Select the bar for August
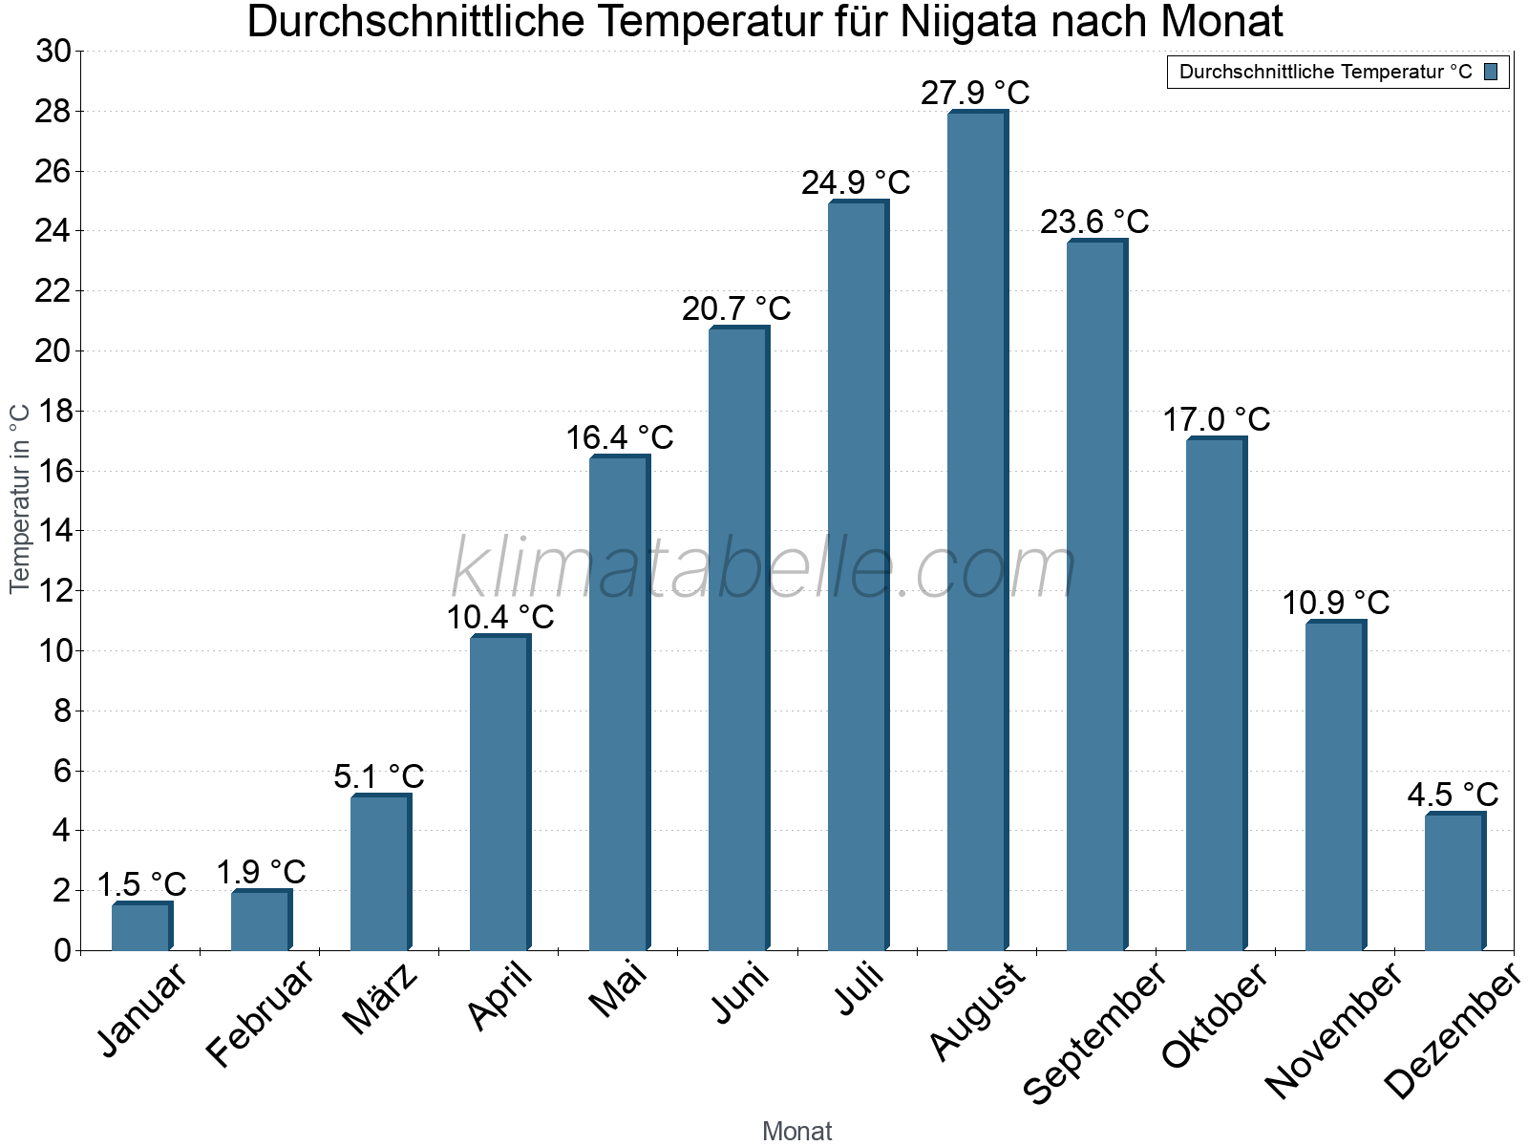(977, 531)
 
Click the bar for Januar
(141, 926)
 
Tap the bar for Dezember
(1454, 881)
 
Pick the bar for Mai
(619, 703)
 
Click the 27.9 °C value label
(975, 93)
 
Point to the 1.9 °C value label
(261, 872)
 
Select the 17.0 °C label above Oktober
(1216, 419)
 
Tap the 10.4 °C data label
(500, 617)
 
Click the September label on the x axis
(1094, 1032)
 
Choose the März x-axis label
(380, 999)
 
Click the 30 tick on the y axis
(53, 52)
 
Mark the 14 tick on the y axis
(53, 531)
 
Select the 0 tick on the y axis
(63, 950)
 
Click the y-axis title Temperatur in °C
(20, 499)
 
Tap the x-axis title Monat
(796, 1131)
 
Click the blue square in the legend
(1491, 72)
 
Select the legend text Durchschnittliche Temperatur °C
(1326, 72)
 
